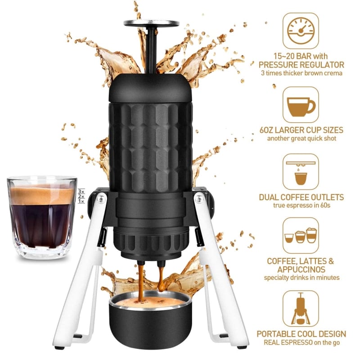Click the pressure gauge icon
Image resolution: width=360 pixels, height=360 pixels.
tap(301, 31)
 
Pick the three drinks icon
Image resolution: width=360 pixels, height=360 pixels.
tap(301, 235)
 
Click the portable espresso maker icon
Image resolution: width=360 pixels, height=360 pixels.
tap(301, 308)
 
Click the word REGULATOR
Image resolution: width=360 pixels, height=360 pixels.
tap(321, 65)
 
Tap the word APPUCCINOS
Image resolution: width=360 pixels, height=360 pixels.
tap(301, 269)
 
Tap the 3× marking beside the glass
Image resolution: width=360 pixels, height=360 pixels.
tap(81, 191)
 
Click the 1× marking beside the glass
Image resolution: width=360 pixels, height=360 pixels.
tap(81, 201)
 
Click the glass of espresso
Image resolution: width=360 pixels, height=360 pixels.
tap(42, 217)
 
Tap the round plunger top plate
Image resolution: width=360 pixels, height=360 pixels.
tap(151, 23)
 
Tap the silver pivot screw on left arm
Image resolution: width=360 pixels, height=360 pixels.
tap(100, 199)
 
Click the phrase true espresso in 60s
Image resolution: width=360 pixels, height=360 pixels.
tap(301, 205)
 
